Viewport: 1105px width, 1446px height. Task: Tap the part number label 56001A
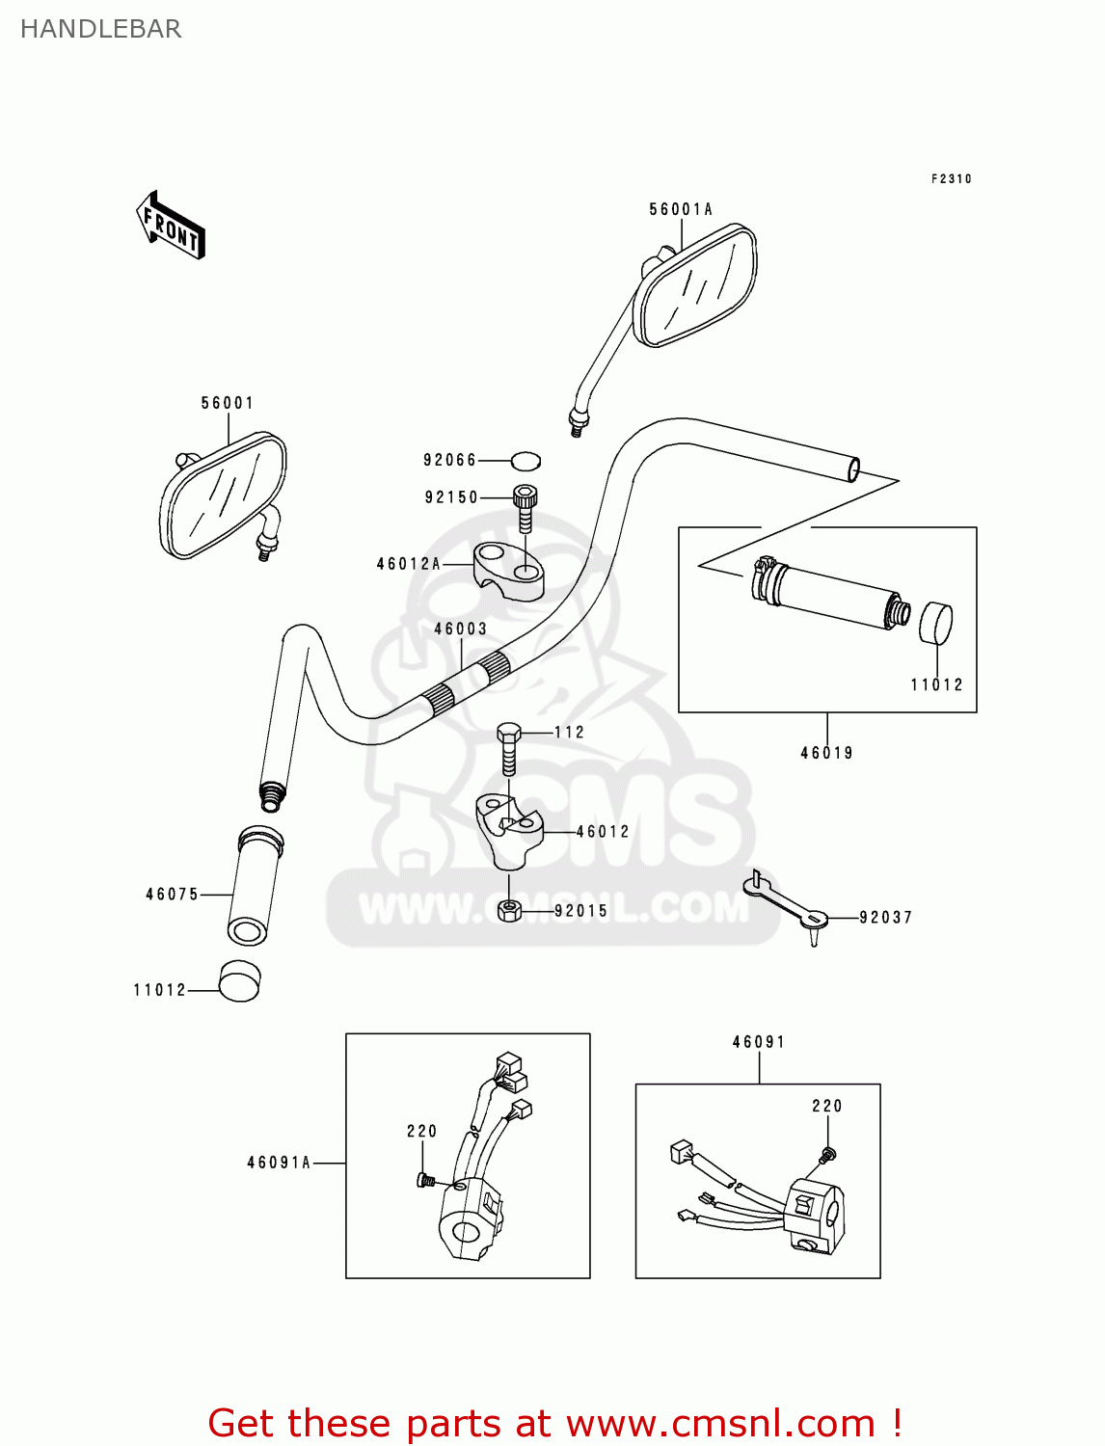(x=680, y=209)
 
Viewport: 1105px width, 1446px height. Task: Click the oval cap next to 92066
(x=526, y=461)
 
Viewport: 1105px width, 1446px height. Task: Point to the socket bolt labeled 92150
(x=525, y=506)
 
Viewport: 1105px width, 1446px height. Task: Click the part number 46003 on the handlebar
(x=460, y=629)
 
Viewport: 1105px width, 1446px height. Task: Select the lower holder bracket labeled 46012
(x=508, y=829)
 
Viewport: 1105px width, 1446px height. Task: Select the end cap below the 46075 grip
(x=239, y=981)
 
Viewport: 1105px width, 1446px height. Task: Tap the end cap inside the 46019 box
(x=935, y=624)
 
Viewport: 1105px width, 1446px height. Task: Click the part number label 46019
(x=826, y=753)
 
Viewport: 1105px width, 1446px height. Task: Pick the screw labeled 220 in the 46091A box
(x=425, y=1180)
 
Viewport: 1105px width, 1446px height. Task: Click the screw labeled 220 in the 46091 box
(x=827, y=1154)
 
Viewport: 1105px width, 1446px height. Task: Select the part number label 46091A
(x=279, y=1163)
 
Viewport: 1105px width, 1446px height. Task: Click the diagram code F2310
(x=951, y=178)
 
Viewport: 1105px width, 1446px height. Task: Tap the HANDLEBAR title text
(x=101, y=29)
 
